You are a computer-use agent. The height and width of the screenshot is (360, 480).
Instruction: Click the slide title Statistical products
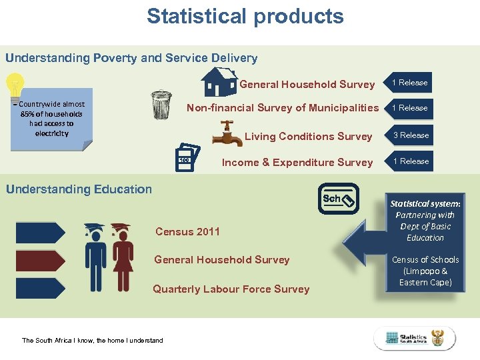click(x=245, y=16)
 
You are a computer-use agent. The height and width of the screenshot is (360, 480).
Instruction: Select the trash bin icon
click(x=161, y=105)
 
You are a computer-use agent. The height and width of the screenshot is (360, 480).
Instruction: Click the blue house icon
click(x=219, y=82)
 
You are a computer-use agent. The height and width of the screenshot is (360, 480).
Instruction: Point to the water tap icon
click(x=227, y=133)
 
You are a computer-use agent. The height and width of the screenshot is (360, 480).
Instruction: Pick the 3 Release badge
click(x=410, y=135)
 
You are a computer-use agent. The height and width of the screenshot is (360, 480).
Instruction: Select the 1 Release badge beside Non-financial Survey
click(x=409, y=108)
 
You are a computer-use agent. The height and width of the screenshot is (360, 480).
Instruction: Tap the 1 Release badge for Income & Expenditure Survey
click(x=410, y=161)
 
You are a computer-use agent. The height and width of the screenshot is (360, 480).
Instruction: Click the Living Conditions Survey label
click(x=308, y=137)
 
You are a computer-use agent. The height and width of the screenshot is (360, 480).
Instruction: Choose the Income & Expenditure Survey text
click(x=297, y=163)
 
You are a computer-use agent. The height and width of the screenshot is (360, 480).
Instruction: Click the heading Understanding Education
click(x=79, y=189)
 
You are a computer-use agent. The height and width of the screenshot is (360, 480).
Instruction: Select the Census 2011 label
click(x=187, y=232)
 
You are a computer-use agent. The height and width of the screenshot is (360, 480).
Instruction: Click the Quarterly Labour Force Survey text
click(x=231, y=289)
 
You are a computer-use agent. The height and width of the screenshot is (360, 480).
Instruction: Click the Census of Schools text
click(x=425, y=271)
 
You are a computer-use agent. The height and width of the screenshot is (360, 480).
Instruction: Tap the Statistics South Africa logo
click(x=414, y=339)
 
